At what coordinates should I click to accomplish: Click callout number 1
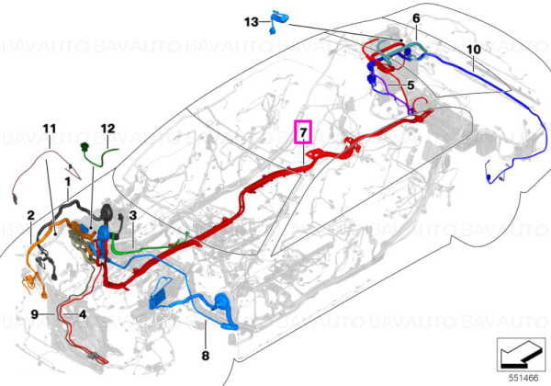[x=67, y=182]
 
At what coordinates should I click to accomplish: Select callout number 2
[x=31, y=215]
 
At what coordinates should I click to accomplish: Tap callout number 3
[x=133, y=215]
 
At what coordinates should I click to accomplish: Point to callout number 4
[x=83, y=314]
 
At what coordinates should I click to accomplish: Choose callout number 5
[x=410, y=85]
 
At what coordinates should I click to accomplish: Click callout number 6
[x=416, y=18]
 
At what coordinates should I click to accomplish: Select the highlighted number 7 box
[x=303, y=132]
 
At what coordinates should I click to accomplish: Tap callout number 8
[x=206, y=356]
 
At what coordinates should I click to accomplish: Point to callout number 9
[x=35, y=314]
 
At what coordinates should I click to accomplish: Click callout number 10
[x=473, y=50]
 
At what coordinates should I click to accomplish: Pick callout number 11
[x=50, y=129]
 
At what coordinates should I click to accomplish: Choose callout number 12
[x=107, y=129]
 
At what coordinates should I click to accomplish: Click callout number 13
[x=252, y=22]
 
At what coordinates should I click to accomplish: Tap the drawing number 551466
[x=523, y=379]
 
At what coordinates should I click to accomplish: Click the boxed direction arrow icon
[x=521, y=355]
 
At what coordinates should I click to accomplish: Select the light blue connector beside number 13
[x=278, y=22]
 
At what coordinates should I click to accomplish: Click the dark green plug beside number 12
[x=84, y=147]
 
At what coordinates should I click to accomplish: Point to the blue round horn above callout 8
[x=221, y=301]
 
